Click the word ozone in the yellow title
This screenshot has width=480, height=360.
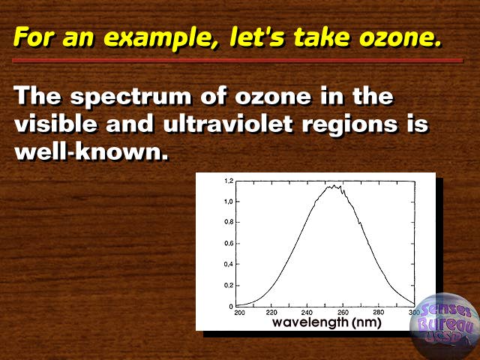tap(400, 37)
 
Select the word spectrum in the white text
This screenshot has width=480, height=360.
tap(131, 97)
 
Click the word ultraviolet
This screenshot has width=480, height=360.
tap(228, 124)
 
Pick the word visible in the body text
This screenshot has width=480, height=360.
tap(55, 124)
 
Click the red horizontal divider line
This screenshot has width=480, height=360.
tap(238, 61)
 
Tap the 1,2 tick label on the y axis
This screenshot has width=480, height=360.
tap(229, 181)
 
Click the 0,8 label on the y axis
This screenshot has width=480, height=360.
tap(229, 222)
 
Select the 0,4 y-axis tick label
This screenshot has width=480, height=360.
tap(229, 264)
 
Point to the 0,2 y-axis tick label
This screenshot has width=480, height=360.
tap(229, 285)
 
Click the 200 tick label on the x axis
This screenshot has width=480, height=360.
tap(240, 313)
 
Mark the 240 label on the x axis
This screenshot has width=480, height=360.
tap(307, 313)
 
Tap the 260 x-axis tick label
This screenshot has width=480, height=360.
tap(343, 313)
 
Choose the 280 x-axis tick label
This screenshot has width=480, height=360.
tap(379, 313)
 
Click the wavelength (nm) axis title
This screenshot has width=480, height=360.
tap(327, 322)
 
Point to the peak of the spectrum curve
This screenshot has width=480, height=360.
tap(334, 185)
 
